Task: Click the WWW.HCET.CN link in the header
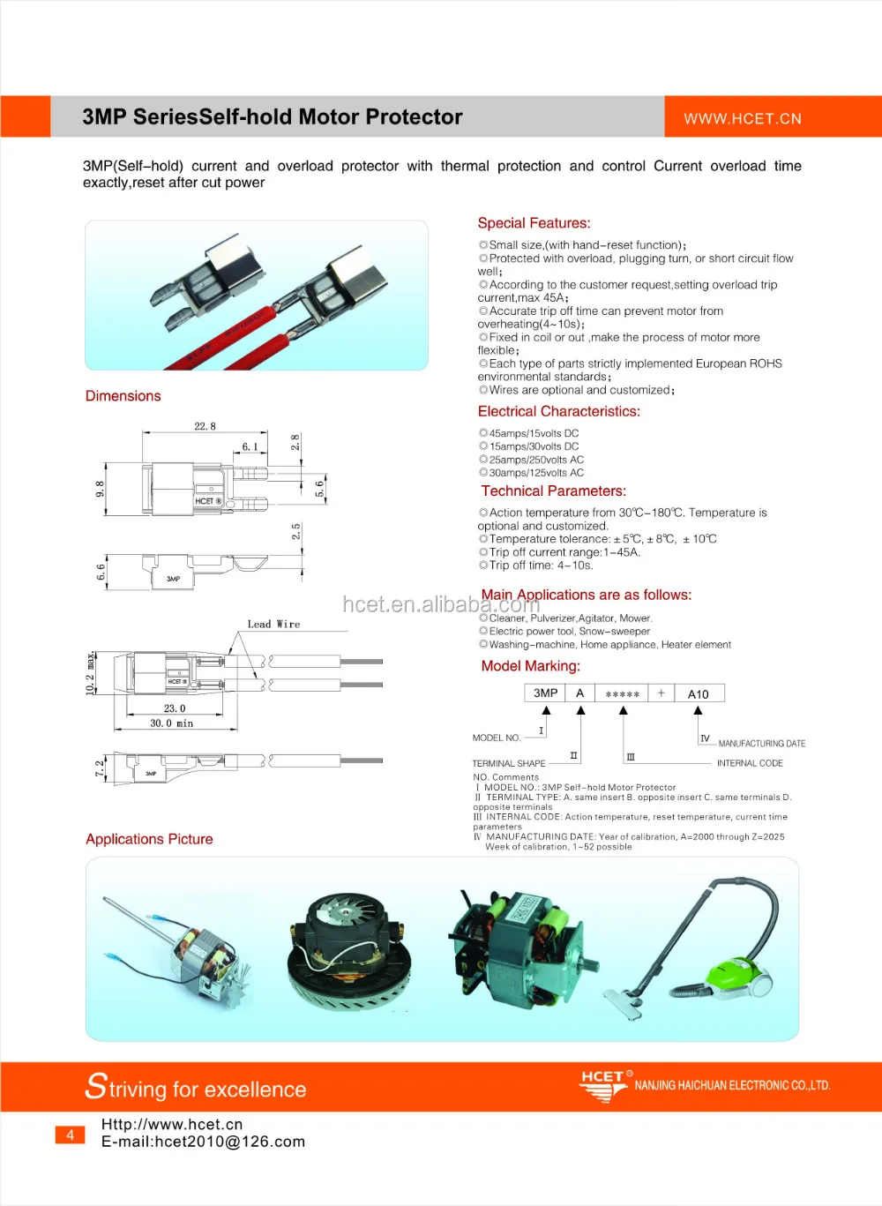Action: (x=743, y=118)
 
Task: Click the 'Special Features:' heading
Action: (x=534, y=223)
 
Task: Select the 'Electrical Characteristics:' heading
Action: (x=558, y=411)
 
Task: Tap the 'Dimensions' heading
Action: (x=123, y=396)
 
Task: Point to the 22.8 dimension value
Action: (x=205, y=426)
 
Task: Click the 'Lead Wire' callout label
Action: (x=273, y=624)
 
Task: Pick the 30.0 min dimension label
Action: (x=171, y=723)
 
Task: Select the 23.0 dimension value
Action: (x=175, y=708)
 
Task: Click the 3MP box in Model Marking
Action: (x=545, y=693)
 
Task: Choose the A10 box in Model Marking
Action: (x=699, y=693)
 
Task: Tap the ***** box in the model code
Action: (x=622, y=694)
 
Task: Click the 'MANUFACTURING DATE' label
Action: (x=761, y=744)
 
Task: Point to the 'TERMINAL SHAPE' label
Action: (x=509, y=763)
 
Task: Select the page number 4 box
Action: (x=71, y=1135)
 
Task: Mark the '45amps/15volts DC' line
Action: (x=534, y=433)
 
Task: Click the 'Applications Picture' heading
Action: (x=149, y=839)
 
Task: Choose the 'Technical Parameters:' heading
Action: (x=553, y=491)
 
